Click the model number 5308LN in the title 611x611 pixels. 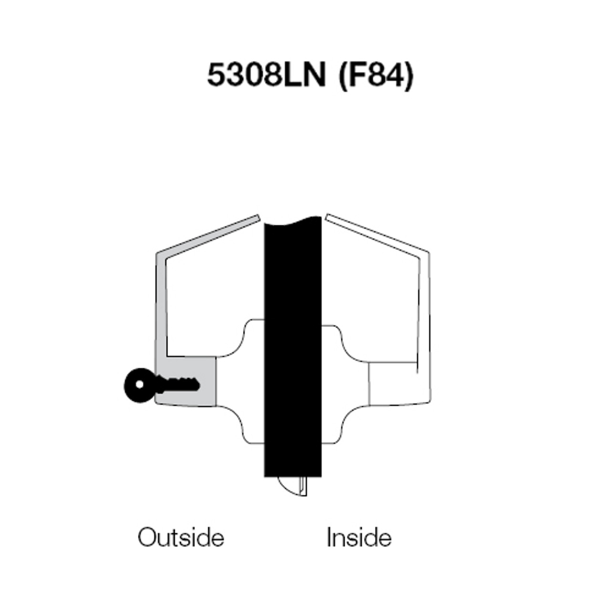[266, 75]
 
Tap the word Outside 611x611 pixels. [181, 537]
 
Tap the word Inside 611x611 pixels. [359, 537]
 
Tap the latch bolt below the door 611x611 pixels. [292, 485]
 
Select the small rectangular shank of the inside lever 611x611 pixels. [392, 382]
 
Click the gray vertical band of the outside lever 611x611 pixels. [161, 310]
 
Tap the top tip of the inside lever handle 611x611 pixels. [328, 218]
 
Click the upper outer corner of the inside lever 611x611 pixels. [426, 253]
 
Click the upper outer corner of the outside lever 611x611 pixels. [158, 253]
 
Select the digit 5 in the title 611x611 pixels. [215, 75]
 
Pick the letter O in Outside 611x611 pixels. [146, 537]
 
